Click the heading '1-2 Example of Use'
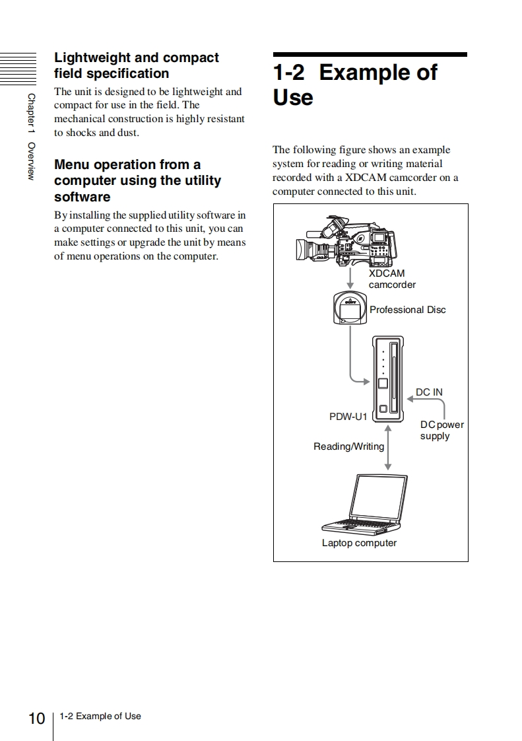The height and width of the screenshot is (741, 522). point(354,85)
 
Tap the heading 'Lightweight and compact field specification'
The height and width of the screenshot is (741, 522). point(136,65)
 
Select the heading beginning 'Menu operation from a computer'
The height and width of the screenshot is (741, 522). point(137,180)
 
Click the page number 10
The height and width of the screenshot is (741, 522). point(37,718)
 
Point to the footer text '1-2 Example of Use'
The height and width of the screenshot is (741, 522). point(100,716)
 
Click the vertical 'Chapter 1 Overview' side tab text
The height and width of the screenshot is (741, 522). point(31,136)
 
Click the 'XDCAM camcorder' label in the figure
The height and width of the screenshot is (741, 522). point(391,279)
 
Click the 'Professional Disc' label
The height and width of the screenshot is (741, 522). point(407,310)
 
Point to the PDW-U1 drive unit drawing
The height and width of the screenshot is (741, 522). point(389,378)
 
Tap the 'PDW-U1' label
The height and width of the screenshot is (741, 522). point(348,417)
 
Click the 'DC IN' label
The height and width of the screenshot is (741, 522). point(429,392)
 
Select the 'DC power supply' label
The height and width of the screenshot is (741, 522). point(441,430)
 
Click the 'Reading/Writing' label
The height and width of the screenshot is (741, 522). point(348,446)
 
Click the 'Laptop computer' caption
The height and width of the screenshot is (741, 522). point(359,543)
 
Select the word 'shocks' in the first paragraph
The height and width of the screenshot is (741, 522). point(81,133)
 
